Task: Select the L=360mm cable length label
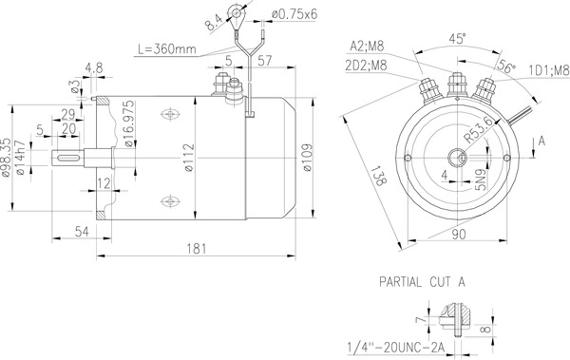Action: (168, 47)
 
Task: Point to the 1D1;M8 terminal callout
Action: (548, 69)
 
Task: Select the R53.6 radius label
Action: (477, 129)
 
